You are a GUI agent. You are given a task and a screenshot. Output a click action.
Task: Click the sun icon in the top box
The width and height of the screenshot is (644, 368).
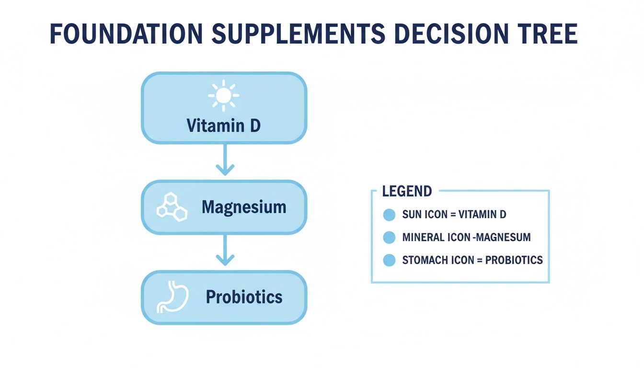(223, 96)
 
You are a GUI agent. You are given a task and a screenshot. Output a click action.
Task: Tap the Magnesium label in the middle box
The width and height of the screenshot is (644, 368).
(244, 207)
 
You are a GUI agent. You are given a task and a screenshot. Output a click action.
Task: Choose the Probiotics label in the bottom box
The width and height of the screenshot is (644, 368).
(244, 297)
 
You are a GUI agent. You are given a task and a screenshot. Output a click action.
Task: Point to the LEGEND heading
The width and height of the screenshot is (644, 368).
(407, 192)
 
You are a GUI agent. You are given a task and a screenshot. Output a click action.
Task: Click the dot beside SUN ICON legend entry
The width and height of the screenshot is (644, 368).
(389, 215)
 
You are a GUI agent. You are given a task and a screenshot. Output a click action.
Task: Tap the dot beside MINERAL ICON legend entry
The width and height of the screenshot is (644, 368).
(389, 237)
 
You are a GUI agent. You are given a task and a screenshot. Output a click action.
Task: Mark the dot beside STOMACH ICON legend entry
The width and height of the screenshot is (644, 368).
(389, 260)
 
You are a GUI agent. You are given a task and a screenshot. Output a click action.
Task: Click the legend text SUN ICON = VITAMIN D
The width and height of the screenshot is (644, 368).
(454, 215)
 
